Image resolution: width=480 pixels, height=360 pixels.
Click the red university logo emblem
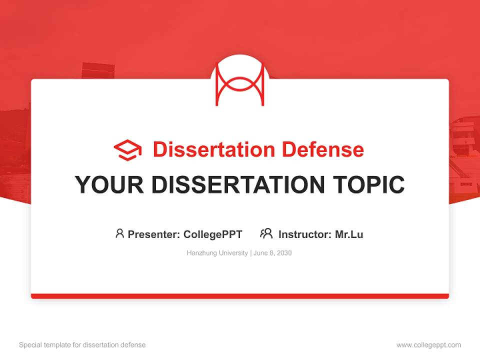(x=240, y=83)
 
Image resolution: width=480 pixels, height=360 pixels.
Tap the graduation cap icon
(x=127, y=150)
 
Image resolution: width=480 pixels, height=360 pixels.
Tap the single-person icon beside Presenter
(x=119, y=233)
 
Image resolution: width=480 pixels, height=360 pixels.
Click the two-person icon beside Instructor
(x=266, y=233)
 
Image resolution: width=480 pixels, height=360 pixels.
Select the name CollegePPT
(x=213, y=234)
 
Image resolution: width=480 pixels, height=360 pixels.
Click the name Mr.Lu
(x=349, y=234)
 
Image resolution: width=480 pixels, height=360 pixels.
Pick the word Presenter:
(x=154, y=234)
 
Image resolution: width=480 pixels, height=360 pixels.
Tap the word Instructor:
(x=304, y=234)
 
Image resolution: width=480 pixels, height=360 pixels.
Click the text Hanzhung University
(x=217, y=253)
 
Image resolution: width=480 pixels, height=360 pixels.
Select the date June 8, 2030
(x=273, y=253)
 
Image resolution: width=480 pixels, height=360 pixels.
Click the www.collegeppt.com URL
(x=428, y=345)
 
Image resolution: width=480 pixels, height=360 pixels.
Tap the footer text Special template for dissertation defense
(x=82, y=345)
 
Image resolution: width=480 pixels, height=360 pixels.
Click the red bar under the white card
(x=240, y=296)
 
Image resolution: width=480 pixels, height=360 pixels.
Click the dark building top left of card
(x=98, y=70)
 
